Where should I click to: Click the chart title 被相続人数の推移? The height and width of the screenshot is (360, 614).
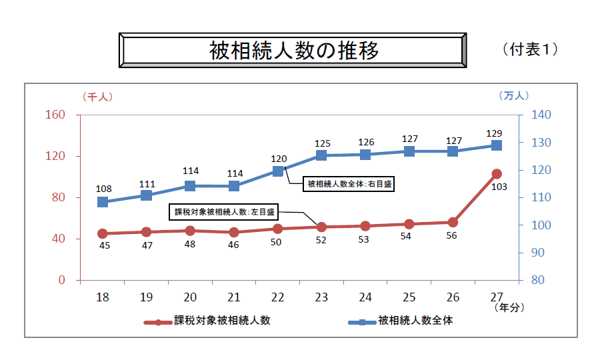(293, 50)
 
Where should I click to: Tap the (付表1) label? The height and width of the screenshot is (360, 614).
(531, 49)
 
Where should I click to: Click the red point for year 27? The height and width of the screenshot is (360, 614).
(497, 174)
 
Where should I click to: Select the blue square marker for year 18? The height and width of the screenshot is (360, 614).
(103, 202)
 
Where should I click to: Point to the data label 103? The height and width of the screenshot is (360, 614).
(499, 187)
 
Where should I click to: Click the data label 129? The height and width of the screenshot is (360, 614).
(494, 133)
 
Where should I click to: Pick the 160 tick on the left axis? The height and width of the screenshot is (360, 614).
(55, 115)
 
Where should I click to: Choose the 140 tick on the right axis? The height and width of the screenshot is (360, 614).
(541, 115)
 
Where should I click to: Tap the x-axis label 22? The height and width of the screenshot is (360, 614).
(278, 297)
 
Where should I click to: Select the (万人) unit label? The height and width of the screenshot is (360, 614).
(513, 96)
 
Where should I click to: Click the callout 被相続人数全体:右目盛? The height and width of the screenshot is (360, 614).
(349, 183)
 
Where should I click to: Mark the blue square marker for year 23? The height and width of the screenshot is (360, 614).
(321, 155)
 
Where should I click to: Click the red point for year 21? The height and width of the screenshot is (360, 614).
(234, 233)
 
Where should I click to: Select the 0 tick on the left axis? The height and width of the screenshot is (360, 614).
(61, 280)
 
